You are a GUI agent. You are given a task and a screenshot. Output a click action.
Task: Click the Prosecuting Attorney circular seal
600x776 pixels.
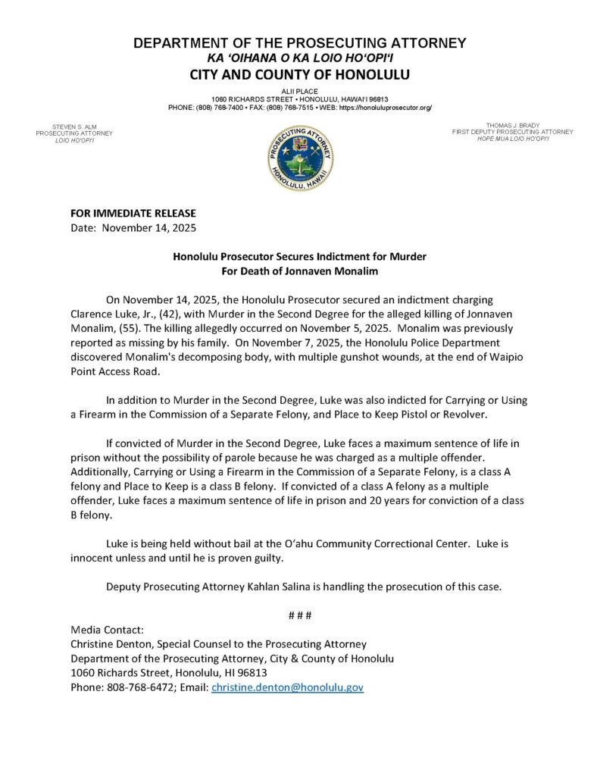pos(300,158)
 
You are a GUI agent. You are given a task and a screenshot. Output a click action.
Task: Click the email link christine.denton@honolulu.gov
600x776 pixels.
pos(287,687)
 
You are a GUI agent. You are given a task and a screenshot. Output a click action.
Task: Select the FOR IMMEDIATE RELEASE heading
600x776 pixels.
pos(133,214)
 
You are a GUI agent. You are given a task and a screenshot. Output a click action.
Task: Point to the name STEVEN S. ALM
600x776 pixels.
pos(73,126)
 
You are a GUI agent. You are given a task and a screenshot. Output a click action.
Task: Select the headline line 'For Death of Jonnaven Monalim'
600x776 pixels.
pos(299,271)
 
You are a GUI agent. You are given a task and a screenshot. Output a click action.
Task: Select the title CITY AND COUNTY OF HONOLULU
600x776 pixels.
pos(299,74)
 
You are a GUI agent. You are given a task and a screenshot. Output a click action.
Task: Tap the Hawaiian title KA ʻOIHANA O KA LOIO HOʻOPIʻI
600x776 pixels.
pos(299,58)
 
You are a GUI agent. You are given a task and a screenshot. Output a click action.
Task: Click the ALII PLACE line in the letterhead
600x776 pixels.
pos(300,90)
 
